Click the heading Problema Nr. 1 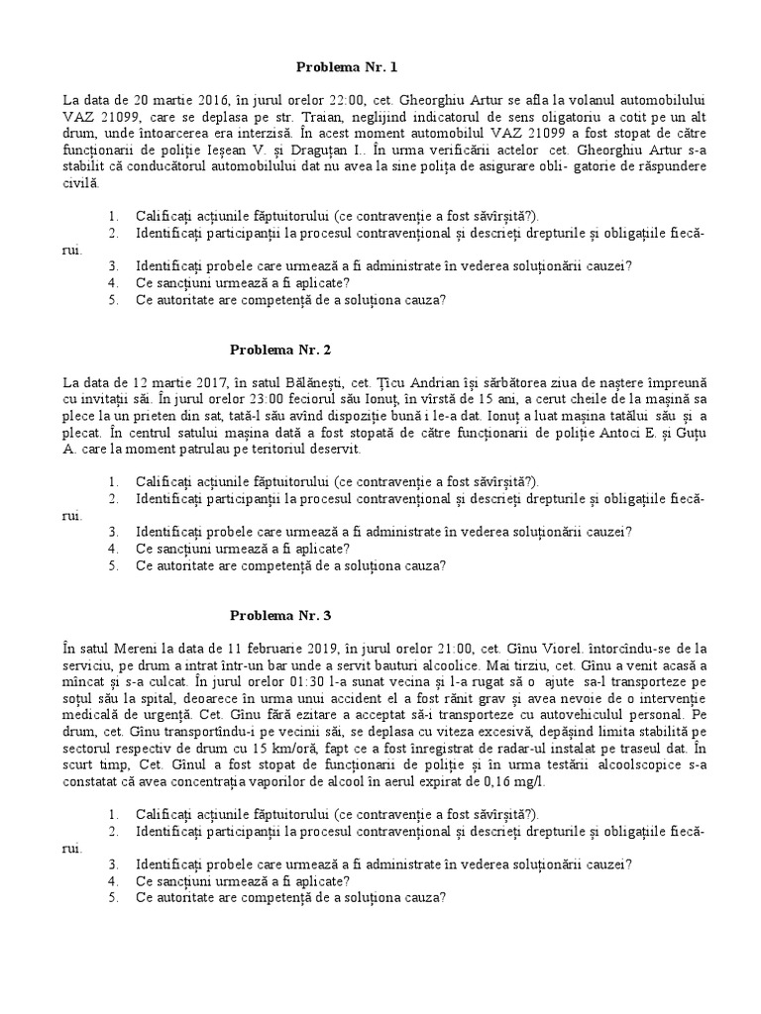coord(347,67)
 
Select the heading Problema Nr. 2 coord(279,349)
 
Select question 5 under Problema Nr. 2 coord(290,565)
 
